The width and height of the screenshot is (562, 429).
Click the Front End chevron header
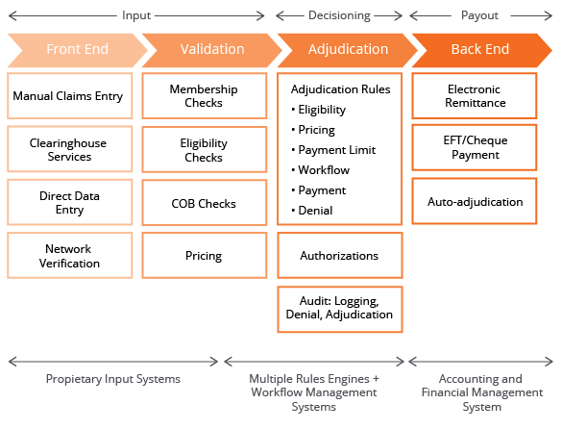(x=78, y=50)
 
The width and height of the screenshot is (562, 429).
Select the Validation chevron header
(x=212, y=50)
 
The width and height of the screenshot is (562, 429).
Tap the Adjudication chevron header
(x=348, y=50)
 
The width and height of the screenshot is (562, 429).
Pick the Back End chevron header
(x=481, y=50)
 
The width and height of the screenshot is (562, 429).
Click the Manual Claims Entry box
(x=70, y=96)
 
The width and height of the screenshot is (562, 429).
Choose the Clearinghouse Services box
(x=70, y=149)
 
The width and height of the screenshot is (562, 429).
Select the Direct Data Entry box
(x=70, y=202)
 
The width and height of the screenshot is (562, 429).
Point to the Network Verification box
(x=70, y=256)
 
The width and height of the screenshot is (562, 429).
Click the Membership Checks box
(x=205, y=96)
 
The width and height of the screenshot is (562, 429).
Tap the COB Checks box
(x=205, y=203)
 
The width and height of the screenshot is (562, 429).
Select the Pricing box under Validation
(x=205, y=256)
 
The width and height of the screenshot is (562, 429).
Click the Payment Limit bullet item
(x=333, y=150)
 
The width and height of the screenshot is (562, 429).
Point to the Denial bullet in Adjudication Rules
(x=312, y=211)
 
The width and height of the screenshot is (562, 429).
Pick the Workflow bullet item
(x=320, y=170)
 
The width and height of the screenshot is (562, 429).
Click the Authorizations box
(x=340, y=256)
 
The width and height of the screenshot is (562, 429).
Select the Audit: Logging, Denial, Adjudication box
(x=340, y=310)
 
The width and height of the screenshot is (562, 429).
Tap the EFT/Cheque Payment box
(x=475, y=147)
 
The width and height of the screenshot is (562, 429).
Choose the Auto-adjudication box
(x=475, y=201)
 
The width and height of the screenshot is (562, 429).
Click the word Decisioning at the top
(x=339, y=15)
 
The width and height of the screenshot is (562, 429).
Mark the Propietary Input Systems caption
(x=113, y=379)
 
